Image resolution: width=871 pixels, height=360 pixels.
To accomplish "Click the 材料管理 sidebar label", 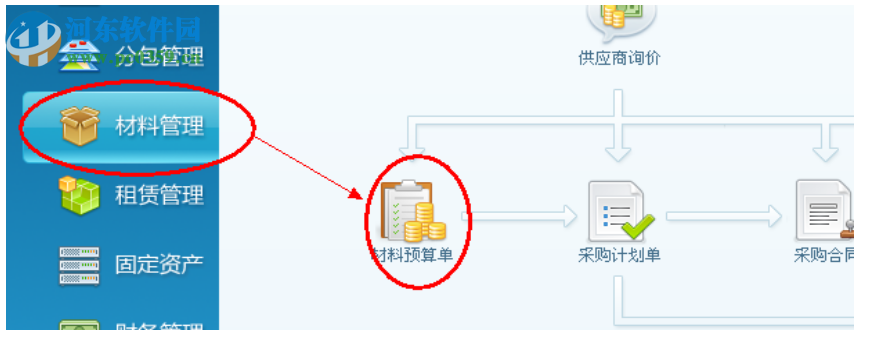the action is pos(159,126).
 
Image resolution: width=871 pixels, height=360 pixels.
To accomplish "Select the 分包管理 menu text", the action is pos(159,55).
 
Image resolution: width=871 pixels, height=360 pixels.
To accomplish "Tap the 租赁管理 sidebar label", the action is pos(159,194).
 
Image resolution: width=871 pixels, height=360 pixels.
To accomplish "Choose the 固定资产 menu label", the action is pos(159,264).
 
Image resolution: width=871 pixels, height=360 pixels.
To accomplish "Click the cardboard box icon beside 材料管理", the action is pos(79,126).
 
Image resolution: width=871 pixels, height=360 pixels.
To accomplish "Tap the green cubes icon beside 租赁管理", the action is pos(79,195).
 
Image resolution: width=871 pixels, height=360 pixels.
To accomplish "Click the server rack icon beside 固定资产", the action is pos(79,265).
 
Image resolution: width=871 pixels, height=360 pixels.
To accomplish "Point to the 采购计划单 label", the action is pos(619,255).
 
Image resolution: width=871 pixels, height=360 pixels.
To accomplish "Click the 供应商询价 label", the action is pos(619,58).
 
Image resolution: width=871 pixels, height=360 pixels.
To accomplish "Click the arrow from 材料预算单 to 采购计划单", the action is pos(525,214).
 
